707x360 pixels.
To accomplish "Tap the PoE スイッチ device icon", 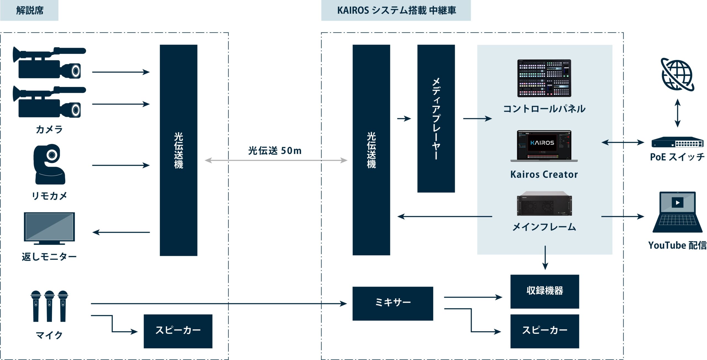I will [x=677, y=142].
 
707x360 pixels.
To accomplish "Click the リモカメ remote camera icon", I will [x=50, y=164].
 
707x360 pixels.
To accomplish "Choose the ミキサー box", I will [x=392, y=303].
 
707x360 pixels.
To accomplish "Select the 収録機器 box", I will [x=544, y=291].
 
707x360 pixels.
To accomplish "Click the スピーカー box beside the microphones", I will [x=178, y=331].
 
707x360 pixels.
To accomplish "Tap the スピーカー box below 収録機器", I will [x=544, y=331].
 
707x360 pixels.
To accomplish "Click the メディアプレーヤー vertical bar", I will [x=436, y=118].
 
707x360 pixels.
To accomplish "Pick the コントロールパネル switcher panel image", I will [x=544, y=78].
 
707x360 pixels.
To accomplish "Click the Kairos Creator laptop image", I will [x=544, y=146].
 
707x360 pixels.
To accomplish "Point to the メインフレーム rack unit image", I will [x=544, y=204].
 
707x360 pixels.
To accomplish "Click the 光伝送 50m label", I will [x=275, y=151].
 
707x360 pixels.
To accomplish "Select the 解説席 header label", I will [x=30, y=10].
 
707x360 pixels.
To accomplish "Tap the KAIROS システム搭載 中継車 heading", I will [x=396, y=10].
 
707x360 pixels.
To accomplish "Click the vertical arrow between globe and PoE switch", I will [x=677, y=113].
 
